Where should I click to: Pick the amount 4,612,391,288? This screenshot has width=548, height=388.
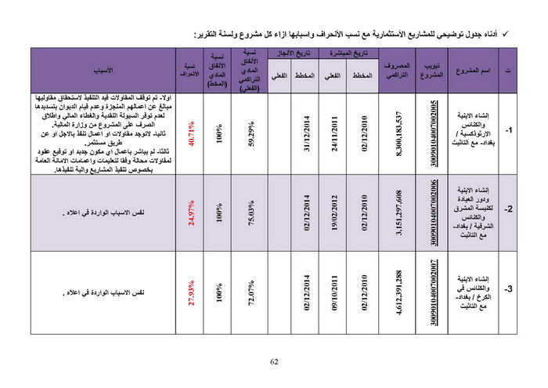tap(399, 292)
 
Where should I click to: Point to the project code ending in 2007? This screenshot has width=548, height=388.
tap(434, 292)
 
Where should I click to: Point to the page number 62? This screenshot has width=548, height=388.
tap(274, 361)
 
